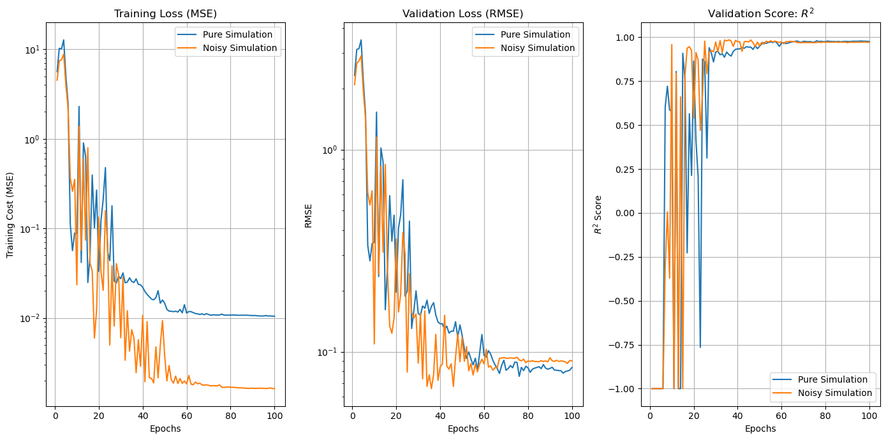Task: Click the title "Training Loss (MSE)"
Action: coord(165,13)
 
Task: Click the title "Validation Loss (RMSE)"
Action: coord(462,13)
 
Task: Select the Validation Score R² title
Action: coord(760,13)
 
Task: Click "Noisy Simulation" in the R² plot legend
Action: coord(835,393)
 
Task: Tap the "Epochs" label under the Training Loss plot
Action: coord(165,429)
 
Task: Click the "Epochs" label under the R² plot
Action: coord(760,429)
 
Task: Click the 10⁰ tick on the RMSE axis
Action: coord(329,150)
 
